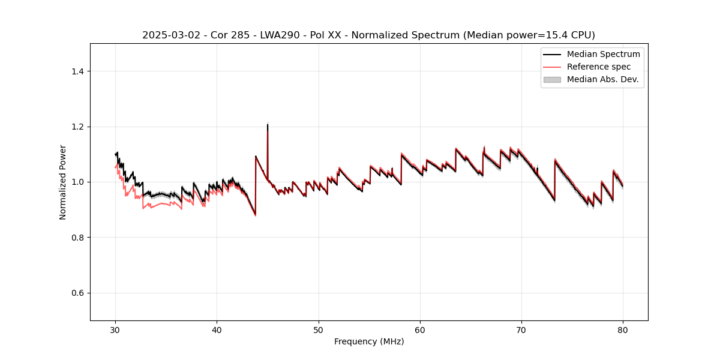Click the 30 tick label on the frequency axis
click(x=115, y=330)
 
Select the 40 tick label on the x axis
click(x=217, y=330)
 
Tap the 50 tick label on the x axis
click(x=319, y=330)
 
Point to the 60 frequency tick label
click(x=420, y=330)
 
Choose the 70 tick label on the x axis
click(x=521, y=330)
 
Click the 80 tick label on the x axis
click(x=623, y=330)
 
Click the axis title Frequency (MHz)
click(x=369, y=341)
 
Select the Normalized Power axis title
click(x=63, y=182)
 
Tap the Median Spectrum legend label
click(x=603, y=54)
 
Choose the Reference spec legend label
click(x=599, y=67)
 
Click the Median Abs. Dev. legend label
click(x=603, y=79)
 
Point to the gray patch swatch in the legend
click(x=552, y=79)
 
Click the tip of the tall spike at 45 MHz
click(x=268, y=125)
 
